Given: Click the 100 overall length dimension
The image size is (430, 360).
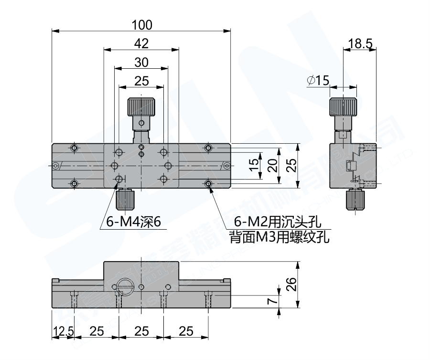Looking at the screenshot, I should tap(141, 24).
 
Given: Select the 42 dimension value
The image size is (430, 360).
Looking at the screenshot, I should tap(141, 43).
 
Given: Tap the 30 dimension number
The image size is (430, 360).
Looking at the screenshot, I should tap(141, 62).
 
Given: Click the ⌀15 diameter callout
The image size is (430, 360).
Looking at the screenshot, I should tap(318, 81).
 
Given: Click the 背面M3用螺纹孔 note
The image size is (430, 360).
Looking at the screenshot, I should tap(279, 236).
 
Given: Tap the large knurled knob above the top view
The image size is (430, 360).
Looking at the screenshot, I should tap(140, 107).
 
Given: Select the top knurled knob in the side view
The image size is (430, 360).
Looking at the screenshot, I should tap(343, 107).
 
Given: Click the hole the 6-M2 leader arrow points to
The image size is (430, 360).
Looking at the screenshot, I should tap(208, 183).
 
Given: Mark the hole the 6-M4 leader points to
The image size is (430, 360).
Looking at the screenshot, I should tap(119, 179).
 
